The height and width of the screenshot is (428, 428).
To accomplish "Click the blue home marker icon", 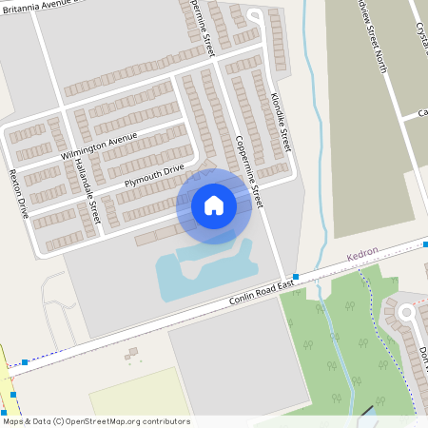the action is point(214,205).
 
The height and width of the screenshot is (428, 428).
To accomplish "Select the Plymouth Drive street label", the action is point(153,175).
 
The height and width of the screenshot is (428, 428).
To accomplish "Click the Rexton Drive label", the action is point(18,194).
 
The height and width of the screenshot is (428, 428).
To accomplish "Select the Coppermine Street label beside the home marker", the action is point(249,172).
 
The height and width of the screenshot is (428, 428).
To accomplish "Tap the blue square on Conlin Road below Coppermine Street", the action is point(296,277).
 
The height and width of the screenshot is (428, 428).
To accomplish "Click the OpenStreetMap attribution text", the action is point(95,421).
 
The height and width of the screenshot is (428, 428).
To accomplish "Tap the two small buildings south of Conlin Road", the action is point(131,354).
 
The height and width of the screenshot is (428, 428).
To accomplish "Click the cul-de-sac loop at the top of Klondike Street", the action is point(254,16).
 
